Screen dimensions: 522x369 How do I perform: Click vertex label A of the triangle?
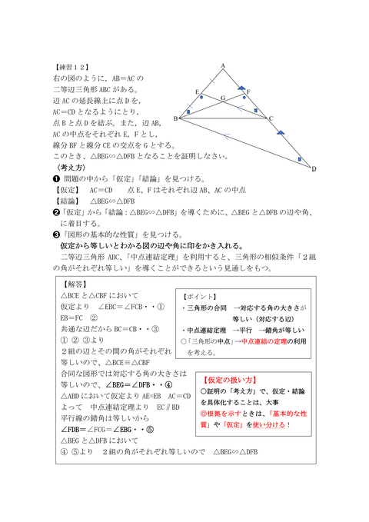222,66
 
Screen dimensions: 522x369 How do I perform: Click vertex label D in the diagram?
313,169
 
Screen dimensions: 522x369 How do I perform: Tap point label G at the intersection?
222,98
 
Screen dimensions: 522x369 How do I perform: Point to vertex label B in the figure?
175,118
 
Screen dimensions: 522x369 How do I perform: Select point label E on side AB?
198,91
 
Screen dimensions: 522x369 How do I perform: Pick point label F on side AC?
248,91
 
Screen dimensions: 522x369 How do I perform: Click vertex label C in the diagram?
271,118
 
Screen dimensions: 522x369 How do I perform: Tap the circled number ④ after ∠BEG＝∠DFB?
168,384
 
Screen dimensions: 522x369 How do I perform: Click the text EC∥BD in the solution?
168,407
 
